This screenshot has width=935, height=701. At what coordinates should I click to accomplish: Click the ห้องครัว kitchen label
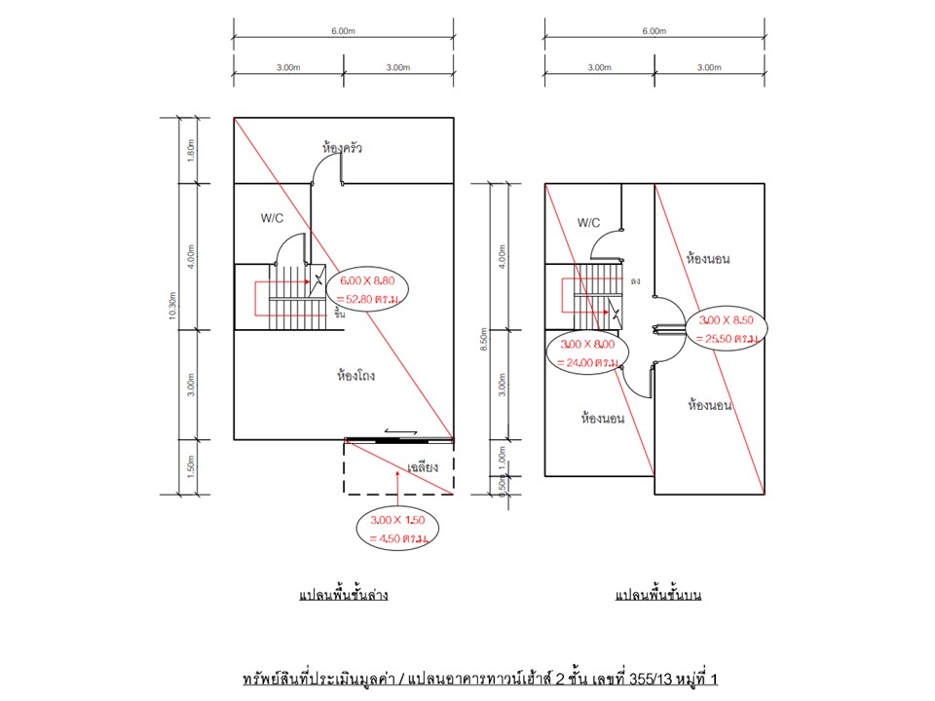pos(343,148)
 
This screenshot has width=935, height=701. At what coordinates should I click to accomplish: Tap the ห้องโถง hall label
pos(356,374)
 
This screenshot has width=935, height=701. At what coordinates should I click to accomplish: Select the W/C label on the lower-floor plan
pos(272,218)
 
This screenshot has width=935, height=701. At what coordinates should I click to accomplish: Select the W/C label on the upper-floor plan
pos(588,223)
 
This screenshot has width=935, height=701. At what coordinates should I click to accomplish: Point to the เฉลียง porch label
pos(424,467)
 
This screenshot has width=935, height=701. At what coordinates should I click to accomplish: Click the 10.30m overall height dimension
pos(171,306)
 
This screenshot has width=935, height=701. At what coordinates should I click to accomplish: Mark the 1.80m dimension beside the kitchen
pos(192,149)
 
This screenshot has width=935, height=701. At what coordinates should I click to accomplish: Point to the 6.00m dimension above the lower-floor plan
pos(343,31)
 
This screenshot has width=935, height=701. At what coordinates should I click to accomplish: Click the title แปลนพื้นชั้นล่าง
pos(343,594)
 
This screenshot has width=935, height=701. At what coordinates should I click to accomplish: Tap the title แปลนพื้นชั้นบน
pos(659,594)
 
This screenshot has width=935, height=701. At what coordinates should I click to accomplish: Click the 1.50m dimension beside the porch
pos(192,467)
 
